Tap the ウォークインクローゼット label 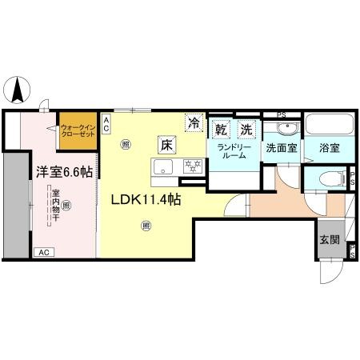point(78,132)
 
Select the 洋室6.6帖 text point(62,171)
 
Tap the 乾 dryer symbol point(222,128)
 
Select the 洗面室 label point(281,148)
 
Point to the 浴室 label point(329,148)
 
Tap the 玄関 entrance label point(329,239)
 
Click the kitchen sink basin point(163,166)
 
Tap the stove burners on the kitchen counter point(192,166)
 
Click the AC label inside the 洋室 point(45,252)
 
